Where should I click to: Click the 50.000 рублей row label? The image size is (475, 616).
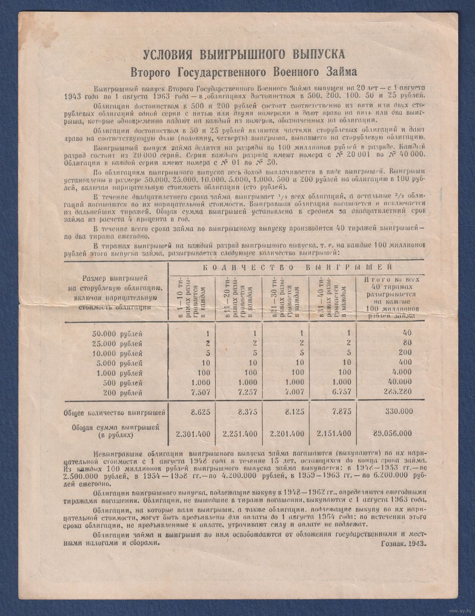tap(117, 334)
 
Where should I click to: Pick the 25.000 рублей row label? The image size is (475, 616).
tap(117, 344)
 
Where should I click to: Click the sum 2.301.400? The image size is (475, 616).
tap(193, 434)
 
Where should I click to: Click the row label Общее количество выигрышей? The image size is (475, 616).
tap(114, 413)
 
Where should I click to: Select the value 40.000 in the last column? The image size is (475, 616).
tap(399, 383)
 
